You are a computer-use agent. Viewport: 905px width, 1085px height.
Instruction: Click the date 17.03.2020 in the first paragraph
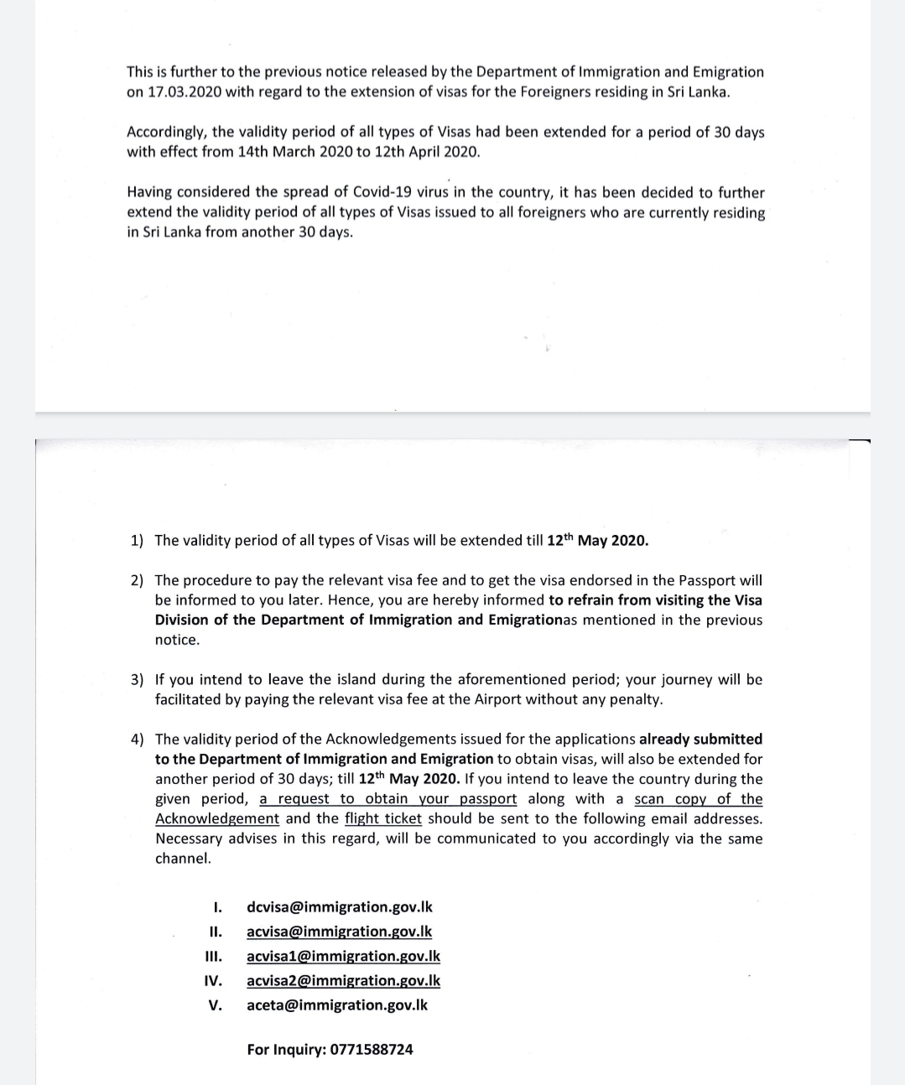pyautogui.click(x=185, y=92)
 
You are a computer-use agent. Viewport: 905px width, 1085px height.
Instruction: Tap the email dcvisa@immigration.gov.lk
pyautogui.click(x=340, y=907)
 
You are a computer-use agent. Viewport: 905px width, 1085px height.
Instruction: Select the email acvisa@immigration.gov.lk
pyautogui.click(x=340, y=932)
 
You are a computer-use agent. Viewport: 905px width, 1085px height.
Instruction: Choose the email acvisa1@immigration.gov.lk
pyautogui.click(x=343, y=956)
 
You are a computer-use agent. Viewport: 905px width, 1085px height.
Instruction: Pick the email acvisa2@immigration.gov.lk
pyautogui.click(x=343, y=980)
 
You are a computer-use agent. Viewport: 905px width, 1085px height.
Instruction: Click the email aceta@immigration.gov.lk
pyautogui.click(x=337, y=1005)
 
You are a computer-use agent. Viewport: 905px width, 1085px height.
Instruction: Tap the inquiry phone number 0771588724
pyautogui.click(x=372, y=1050)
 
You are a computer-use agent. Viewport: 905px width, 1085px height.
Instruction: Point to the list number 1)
pyautogui.click(x=137, y=541)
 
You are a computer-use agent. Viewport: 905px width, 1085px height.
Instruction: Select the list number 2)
pyautogui.click(x=137, y=580)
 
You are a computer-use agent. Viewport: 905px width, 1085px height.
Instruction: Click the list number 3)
pyautogui.click(x=137, y=680)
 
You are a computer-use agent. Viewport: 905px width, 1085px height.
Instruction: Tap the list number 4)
pyautogui.click(x=137, y=740)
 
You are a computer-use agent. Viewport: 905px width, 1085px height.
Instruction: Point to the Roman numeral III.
pyautogui.click(x=214, y=957)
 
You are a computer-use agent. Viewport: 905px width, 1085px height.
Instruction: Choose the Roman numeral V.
pyautogui.click(x=216, y=1005)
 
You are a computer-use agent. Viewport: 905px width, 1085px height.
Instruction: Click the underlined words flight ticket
pyautogui.click(x=383, y=819)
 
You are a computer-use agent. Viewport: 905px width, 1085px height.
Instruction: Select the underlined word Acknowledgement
pyautogui.click(x=217, y=819)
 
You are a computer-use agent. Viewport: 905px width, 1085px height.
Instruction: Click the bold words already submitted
pyautogui.click(x=700, y=740)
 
